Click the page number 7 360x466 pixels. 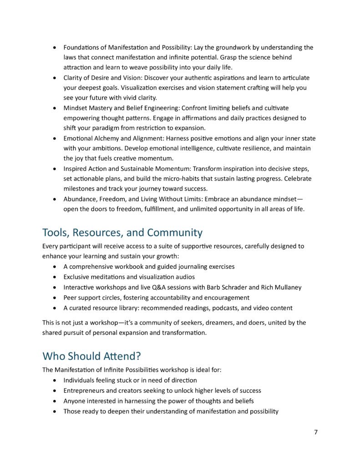click(x=315, y=432)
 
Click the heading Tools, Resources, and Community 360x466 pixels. click(x=122, y=233)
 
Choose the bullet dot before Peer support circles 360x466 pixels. click(x=55, y=298)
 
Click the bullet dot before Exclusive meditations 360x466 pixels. click(x=55, y=277)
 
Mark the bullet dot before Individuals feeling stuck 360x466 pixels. click(x=55, y=380)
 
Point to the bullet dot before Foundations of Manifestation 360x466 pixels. click(x=55, y=48)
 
